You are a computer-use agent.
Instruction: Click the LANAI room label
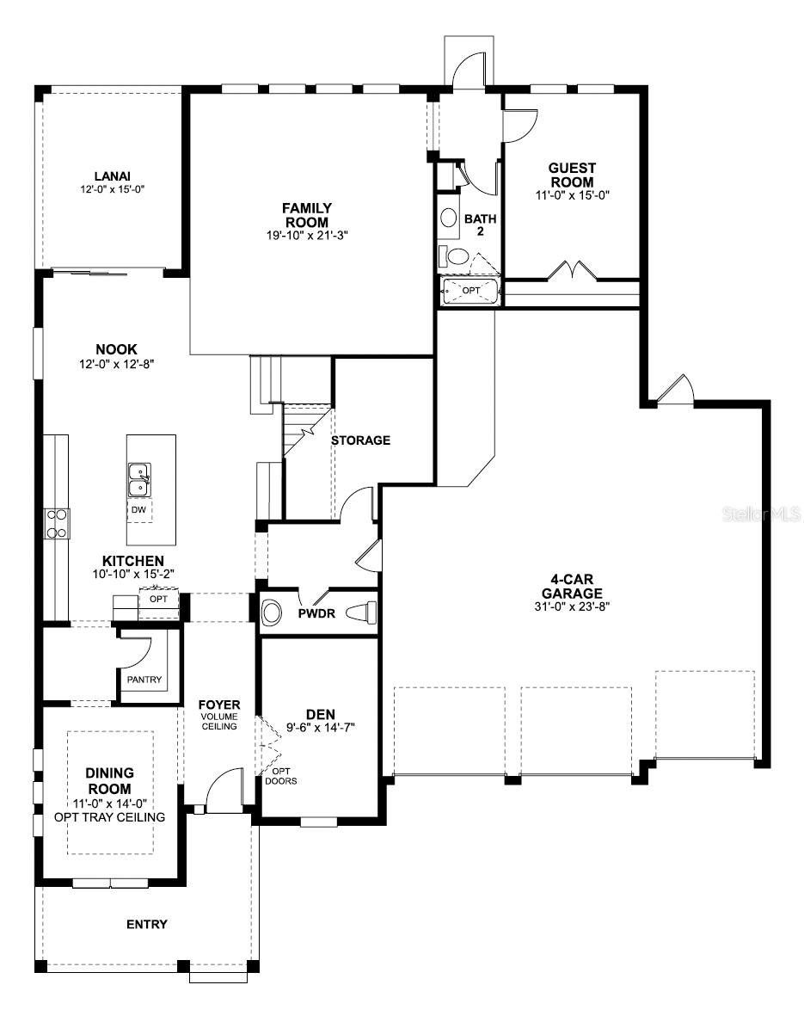112,176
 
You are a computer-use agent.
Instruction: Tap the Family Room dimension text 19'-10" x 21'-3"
307,235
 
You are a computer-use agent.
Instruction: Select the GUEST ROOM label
572,175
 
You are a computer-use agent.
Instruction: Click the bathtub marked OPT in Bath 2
470,291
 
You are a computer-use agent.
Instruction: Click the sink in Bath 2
449,218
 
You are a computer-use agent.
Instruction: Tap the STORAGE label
360,440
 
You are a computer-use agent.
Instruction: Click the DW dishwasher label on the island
138,510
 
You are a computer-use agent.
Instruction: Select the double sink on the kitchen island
138,479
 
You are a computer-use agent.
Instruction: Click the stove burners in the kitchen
57,524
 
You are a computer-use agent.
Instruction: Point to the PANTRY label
144,680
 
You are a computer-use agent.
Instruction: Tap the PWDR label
316,614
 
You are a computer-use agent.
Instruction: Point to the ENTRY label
147,925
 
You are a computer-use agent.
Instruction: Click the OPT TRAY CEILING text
111,816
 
